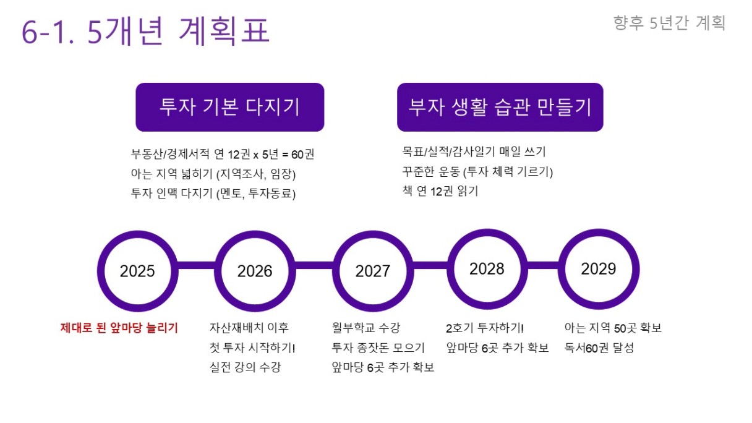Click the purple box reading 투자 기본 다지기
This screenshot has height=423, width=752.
coord(230,107)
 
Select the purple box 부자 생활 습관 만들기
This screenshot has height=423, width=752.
coord(500,107)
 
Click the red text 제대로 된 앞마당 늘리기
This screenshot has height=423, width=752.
coord(119,328)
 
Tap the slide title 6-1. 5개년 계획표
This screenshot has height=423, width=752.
coord(146,31)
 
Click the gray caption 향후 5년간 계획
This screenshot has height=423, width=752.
coord(669,23)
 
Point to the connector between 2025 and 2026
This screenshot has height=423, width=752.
coord(197,265)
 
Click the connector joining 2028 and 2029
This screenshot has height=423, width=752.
coord(543,265)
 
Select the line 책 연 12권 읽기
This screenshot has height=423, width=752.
coord(440,191)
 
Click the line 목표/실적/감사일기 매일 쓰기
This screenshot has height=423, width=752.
coord(474,152)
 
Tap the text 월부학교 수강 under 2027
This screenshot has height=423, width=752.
coord(366,327)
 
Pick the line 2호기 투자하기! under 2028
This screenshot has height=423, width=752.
coord(485,328)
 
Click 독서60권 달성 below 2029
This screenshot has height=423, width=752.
coord(599,348)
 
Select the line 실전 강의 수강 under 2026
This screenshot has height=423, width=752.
coord(245,367)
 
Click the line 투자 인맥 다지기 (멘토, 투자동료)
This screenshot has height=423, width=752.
coord(213,194)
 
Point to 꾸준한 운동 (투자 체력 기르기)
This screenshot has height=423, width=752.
coord(477,172)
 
